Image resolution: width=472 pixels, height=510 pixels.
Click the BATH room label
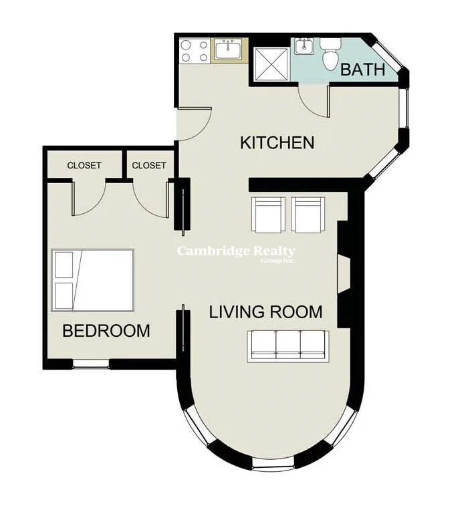363,70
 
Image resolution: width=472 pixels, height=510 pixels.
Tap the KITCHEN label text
277,143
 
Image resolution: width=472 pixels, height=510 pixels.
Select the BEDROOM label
106,331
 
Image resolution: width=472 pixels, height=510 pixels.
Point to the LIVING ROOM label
265,311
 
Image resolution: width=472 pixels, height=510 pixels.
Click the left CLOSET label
84,166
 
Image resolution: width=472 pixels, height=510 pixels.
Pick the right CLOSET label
149,166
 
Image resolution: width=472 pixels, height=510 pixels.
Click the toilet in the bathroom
330,53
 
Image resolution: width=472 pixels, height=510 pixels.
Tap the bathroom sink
304,46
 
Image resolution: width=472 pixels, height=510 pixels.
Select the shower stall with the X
271,64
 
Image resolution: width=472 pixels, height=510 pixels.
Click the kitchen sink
229,50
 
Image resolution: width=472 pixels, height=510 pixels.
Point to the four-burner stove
195,51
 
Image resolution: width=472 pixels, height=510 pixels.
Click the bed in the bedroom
93,281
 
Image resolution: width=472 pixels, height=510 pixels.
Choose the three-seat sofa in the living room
288,346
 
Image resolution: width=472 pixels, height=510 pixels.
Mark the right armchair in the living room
308,215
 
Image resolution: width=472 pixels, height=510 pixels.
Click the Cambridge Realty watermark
236,253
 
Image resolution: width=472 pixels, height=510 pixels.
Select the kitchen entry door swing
194,124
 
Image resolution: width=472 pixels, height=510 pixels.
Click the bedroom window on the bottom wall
91,364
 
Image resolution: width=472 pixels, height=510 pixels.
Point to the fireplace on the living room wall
344,274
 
